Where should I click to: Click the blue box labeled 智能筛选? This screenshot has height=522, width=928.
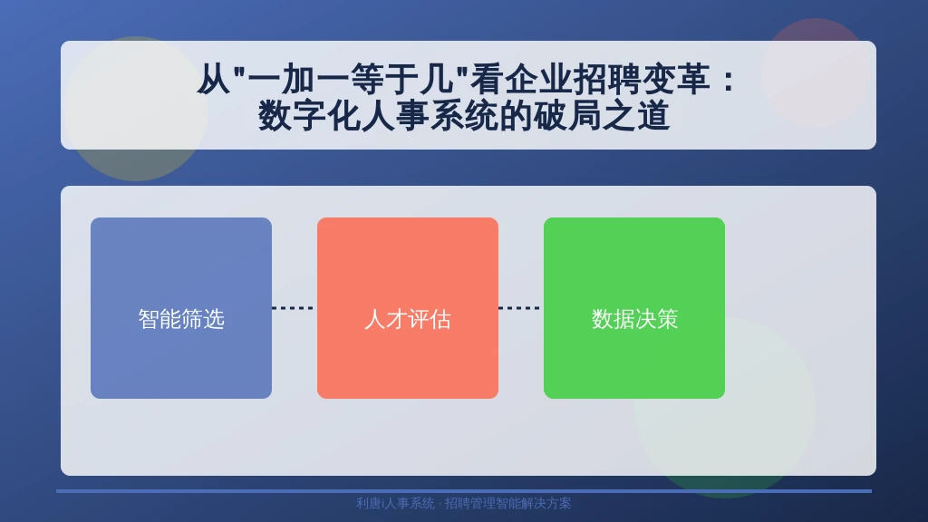click(x=181, y=308)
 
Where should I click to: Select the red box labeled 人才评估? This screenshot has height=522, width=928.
click(x=408, y=308)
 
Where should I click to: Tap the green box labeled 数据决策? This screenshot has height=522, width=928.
click(x=634, y=308)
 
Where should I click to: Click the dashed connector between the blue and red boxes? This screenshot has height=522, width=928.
click(x=295, y=308)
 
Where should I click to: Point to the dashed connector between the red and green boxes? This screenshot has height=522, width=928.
click(x=521, y=308)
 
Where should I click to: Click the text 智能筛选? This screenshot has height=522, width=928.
click(x=181, y=319)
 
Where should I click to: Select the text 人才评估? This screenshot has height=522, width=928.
click(x=408, y=319)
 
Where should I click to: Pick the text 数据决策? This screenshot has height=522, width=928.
click(x=634, y=319)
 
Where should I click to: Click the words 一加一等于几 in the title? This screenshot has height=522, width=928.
click(x=351, y=79)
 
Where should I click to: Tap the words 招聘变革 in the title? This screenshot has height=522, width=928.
click(x=642, y=79)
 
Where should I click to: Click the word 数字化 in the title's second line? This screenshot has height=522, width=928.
click(x=309, y=115)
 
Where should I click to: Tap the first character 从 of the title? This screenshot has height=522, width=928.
click(x=213, y=79)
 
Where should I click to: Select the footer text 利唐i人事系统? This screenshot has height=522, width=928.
click(x=395, y=503)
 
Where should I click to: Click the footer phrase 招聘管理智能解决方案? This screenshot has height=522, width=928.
click(x=507, y=503)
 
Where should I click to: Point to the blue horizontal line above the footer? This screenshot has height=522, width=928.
click(x=464, y=490)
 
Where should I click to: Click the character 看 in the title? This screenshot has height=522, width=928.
click(x=487, y=79)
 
